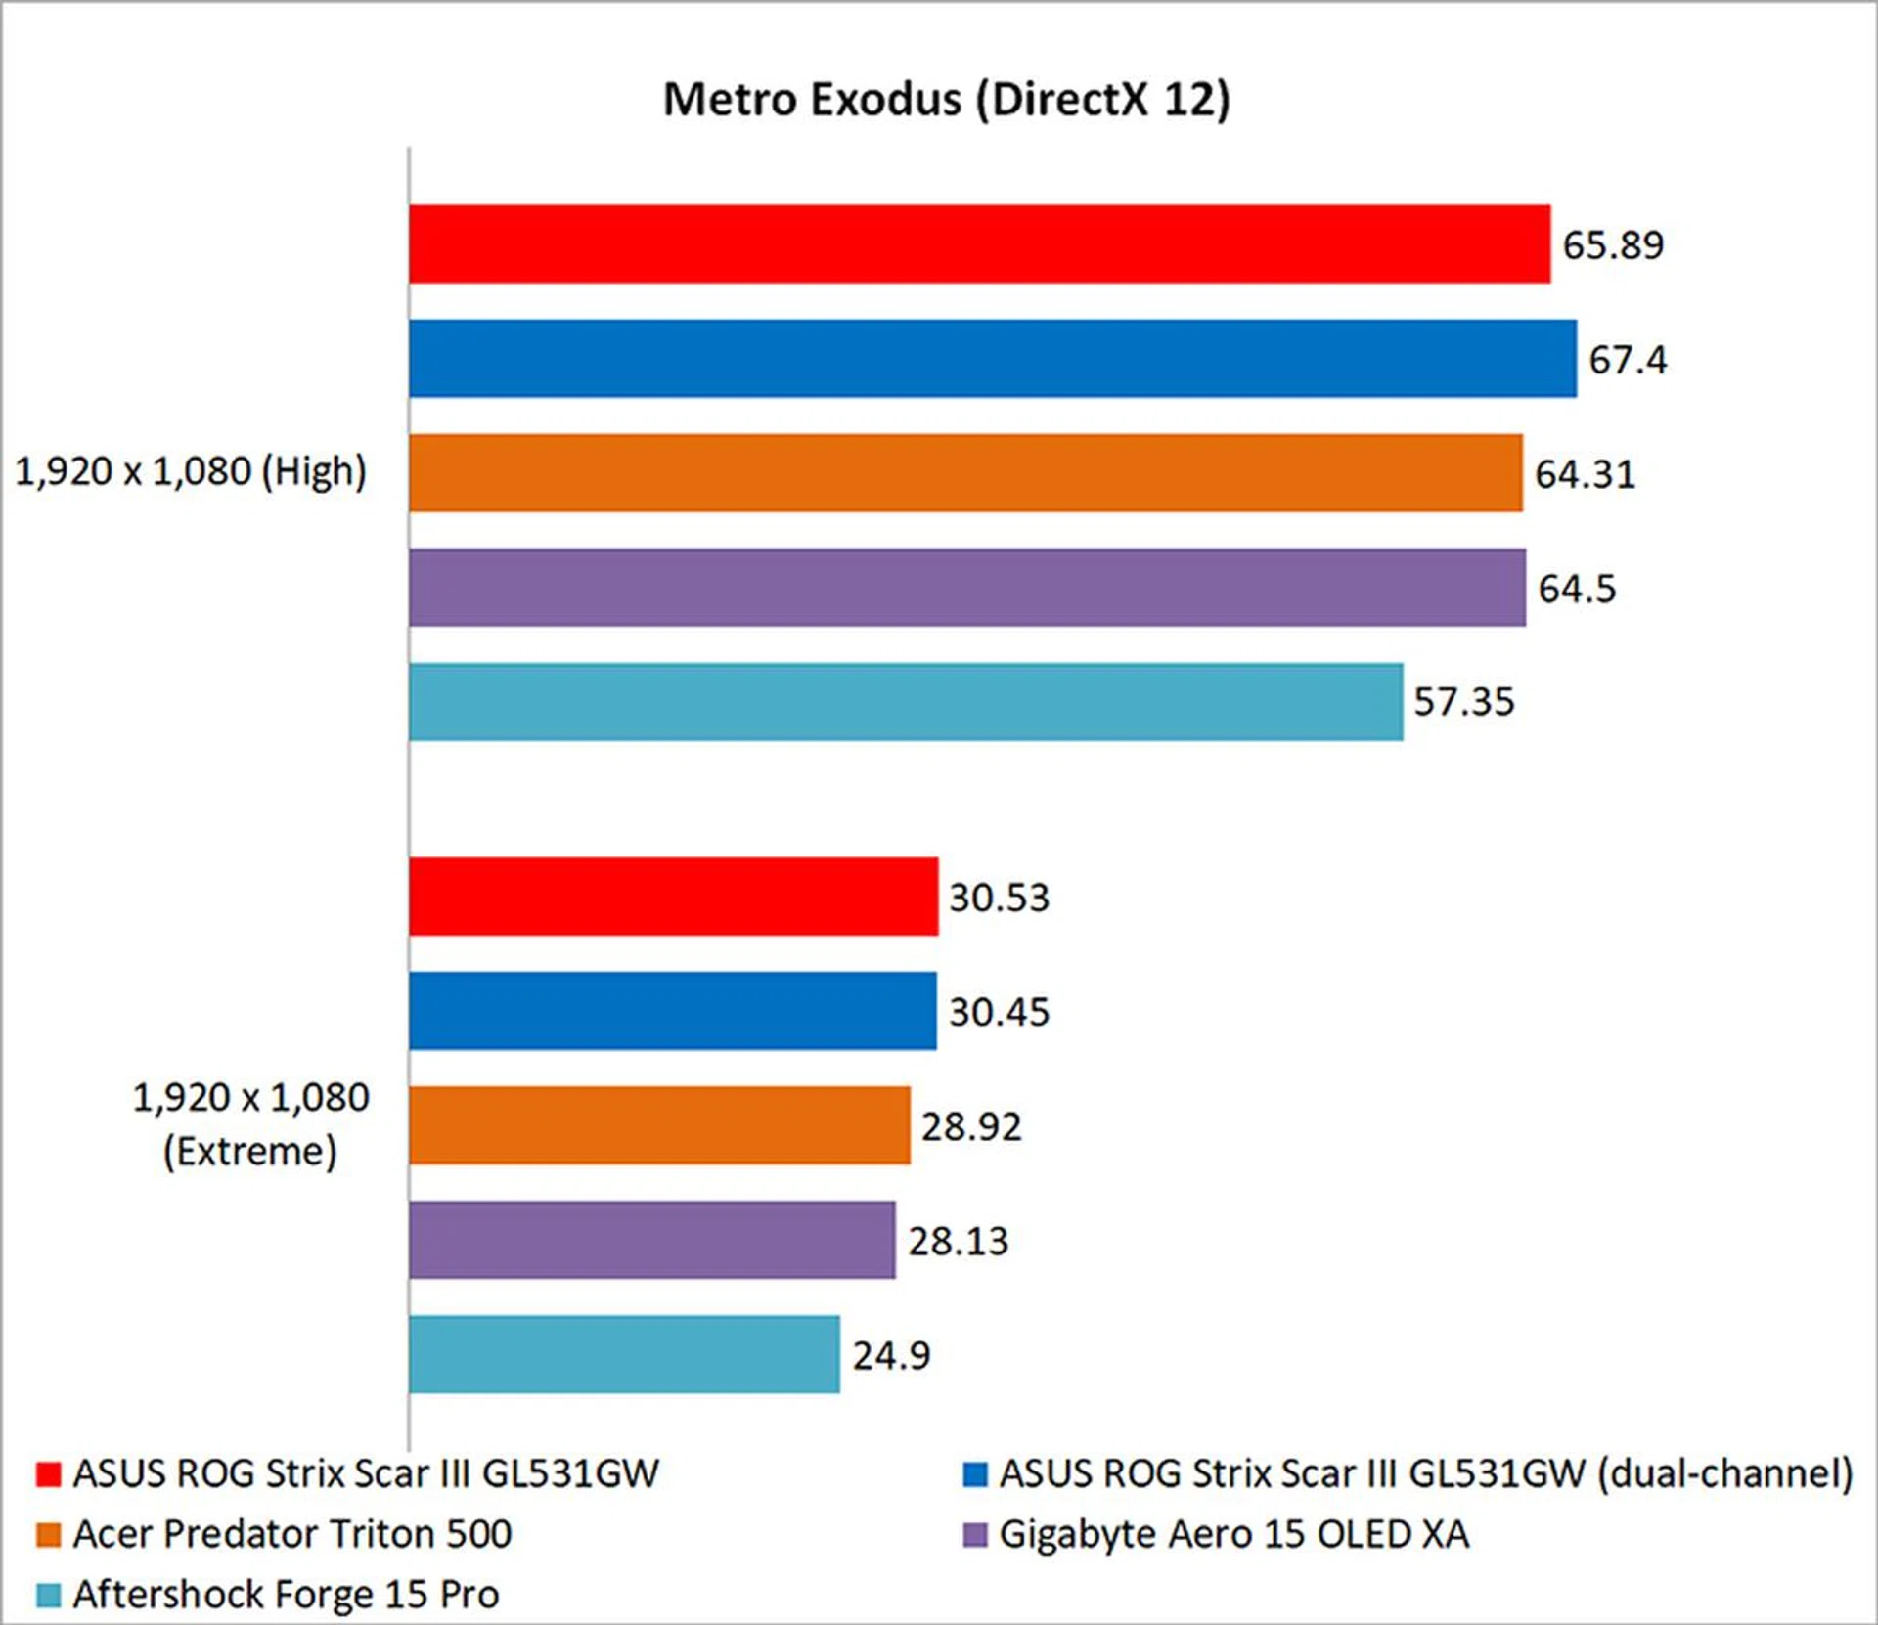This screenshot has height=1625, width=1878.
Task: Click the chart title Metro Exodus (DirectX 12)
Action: [946, 100]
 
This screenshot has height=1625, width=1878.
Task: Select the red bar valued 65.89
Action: [978, 244]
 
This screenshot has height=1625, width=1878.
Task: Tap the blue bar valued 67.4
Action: [992, 359]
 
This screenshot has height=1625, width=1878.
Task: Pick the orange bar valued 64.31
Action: [964, 473]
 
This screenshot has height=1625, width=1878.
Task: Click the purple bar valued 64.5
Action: [966, 588]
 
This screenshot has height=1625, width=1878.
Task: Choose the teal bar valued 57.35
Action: [905, 702]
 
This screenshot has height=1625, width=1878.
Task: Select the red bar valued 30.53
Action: [673, 897]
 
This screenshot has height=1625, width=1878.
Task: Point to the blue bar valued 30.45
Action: [672, 1011]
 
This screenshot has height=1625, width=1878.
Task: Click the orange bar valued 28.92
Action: [659, 1125]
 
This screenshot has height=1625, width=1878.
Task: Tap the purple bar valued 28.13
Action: [651, 1240]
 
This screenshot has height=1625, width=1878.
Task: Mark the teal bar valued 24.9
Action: [624, 1354]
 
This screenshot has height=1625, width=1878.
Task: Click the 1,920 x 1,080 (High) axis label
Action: [191, 472]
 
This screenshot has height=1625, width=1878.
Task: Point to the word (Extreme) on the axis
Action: [249, 1152]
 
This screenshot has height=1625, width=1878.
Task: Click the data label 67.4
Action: [1627, 360]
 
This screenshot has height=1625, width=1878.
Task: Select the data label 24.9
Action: [891, 1355]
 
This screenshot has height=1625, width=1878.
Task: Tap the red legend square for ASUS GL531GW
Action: [48, 1474]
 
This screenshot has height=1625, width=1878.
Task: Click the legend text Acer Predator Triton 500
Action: [291, 1534]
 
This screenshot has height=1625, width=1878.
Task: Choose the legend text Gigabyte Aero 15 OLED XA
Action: [1233, 1534]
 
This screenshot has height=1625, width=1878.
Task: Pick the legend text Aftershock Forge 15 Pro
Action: [286, 1595]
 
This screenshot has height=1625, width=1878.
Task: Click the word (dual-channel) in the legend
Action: [1724, 1474]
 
